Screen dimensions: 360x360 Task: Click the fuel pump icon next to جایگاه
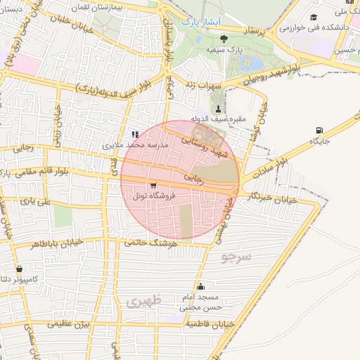tap(321, 130)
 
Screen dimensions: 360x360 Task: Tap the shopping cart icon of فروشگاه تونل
tap(153, 186)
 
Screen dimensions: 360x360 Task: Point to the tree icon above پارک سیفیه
tap(224, 39)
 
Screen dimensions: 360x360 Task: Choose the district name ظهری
tap(144, 300)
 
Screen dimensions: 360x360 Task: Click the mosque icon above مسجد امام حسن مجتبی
tap(202, 286)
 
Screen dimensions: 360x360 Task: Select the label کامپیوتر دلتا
tap(20, 280)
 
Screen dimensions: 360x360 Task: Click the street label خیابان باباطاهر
tap(56, 244)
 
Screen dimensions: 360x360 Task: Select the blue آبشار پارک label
tap(202, 22)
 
